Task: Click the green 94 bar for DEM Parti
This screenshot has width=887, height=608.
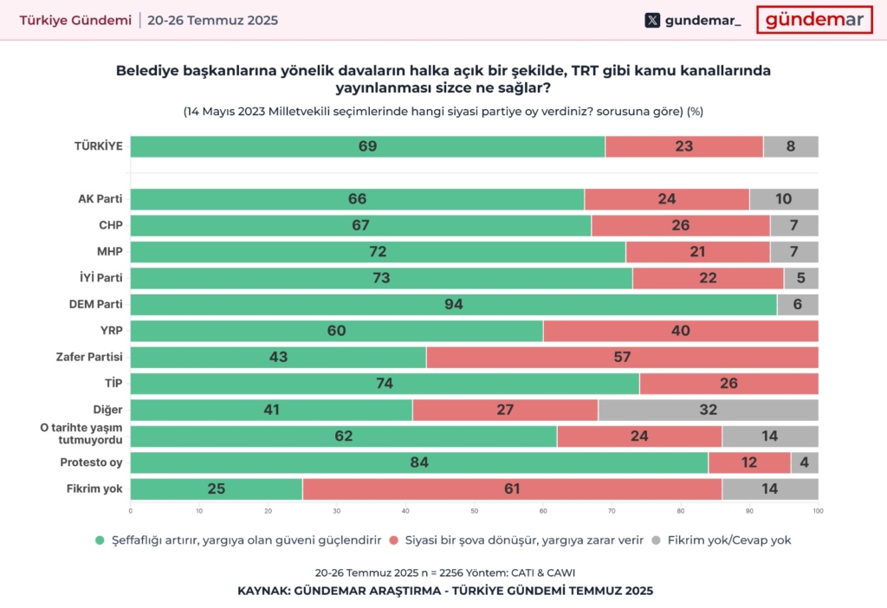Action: pyautogui.click(x=453, y=305)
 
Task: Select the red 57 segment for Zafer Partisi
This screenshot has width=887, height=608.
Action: pyautogui.click(x=622, y=357)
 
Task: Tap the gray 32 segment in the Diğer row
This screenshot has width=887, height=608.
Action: pyautogui.click(x=708, y=410)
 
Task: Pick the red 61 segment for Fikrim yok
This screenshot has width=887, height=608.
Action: pyautogui.click(x=512, y=489)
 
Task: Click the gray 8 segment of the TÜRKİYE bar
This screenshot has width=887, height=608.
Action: pyautogui.click(x=790, y=146)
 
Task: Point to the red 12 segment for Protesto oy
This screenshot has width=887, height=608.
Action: pyautogui.click(x=749, y=462)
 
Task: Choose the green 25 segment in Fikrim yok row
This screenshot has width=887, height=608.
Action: pyautogui.click(x=216, y=489)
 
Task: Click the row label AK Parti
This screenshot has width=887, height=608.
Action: pyautogui.click(x=100, y=199)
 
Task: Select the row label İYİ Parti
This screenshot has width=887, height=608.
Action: pyautogui.click(x=100, y=278)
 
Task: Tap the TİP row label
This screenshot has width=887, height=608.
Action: pyautogui.click(x=112, y=384)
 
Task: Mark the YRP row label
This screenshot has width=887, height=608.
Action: pyautogui.click(x=110, y=331)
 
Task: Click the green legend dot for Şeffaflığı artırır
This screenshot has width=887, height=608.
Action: pyautogui.click(x=100, y=540)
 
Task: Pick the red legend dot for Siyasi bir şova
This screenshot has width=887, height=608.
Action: pyautogui.click(x=395, y=540)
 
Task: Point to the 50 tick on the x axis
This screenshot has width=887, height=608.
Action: pyautogui.click(x=474, y=511)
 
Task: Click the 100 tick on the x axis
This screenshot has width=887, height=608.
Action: pyautogui.click(x=818, y=511)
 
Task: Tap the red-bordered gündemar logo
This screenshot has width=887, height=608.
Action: pyautogui.click(x=813, y=20)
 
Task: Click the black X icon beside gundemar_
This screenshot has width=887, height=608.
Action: pyautogui.click(x=652, y=20)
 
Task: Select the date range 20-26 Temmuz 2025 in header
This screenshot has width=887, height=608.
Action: pyautogui.click(x=213, y=20)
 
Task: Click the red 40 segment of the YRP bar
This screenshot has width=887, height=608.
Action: pyautogui.click(x=680, y=331)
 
